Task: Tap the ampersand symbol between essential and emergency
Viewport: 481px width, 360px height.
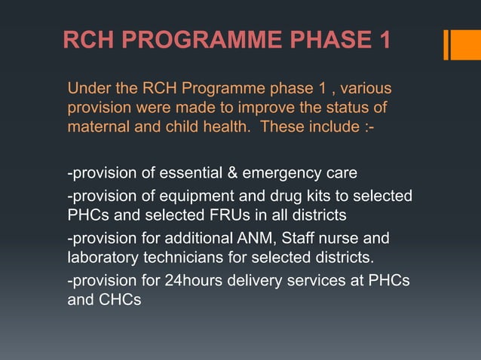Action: point(233,175)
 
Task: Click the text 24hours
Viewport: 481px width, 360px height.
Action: point(194,282)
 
